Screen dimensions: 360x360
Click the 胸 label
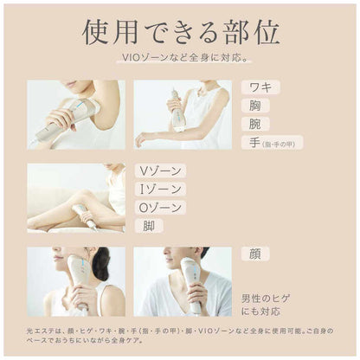tap(257, 106)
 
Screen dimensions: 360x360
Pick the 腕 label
tap(257, 124)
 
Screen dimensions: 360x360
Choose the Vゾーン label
tap(159, 170)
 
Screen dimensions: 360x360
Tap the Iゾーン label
tap(159, 189)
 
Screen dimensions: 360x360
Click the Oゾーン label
tap(160, 207)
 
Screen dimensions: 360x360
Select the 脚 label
tap(148, 225)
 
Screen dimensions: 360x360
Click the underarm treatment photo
tap(76, 115)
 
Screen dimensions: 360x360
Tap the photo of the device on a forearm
tap(182, 115)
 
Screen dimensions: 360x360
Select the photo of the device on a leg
tap(76, 198)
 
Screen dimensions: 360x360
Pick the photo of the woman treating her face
tap(76, 281)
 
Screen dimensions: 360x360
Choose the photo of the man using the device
tap(182, 281)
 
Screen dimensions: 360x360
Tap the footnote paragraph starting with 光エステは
tap(180, 337)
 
